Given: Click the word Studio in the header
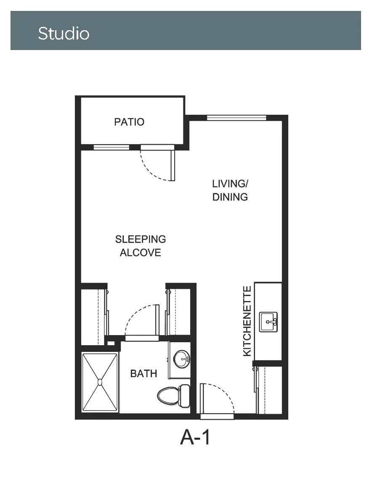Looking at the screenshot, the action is (64, 33).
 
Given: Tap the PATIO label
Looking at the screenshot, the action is (129, 122).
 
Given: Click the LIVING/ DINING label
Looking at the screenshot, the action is (230, 190).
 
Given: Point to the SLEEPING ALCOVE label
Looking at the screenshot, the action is (141, 246).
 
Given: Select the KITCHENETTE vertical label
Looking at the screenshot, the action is (247, 321).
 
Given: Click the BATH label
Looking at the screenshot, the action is (143, 373).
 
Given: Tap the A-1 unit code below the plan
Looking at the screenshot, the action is (195, 437).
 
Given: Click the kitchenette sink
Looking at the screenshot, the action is (268, 322).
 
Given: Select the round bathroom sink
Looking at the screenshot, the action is (182, 359).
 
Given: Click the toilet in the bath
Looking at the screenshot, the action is (174, 396).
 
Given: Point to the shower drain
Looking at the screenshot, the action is (99, 382).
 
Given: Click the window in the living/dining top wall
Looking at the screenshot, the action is (236, 117).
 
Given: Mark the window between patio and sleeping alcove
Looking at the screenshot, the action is (111, 147).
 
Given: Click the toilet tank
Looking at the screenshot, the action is (185, 396).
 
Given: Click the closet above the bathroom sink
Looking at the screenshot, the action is (179, 312).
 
